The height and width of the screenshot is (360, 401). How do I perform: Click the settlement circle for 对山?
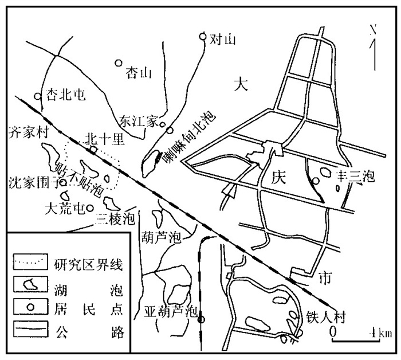[202, 37]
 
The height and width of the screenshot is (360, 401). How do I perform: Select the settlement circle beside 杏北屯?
[37, 96]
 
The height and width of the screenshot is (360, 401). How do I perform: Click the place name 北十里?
[101, 139]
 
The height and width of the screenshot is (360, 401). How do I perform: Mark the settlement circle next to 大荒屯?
[89, 208]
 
